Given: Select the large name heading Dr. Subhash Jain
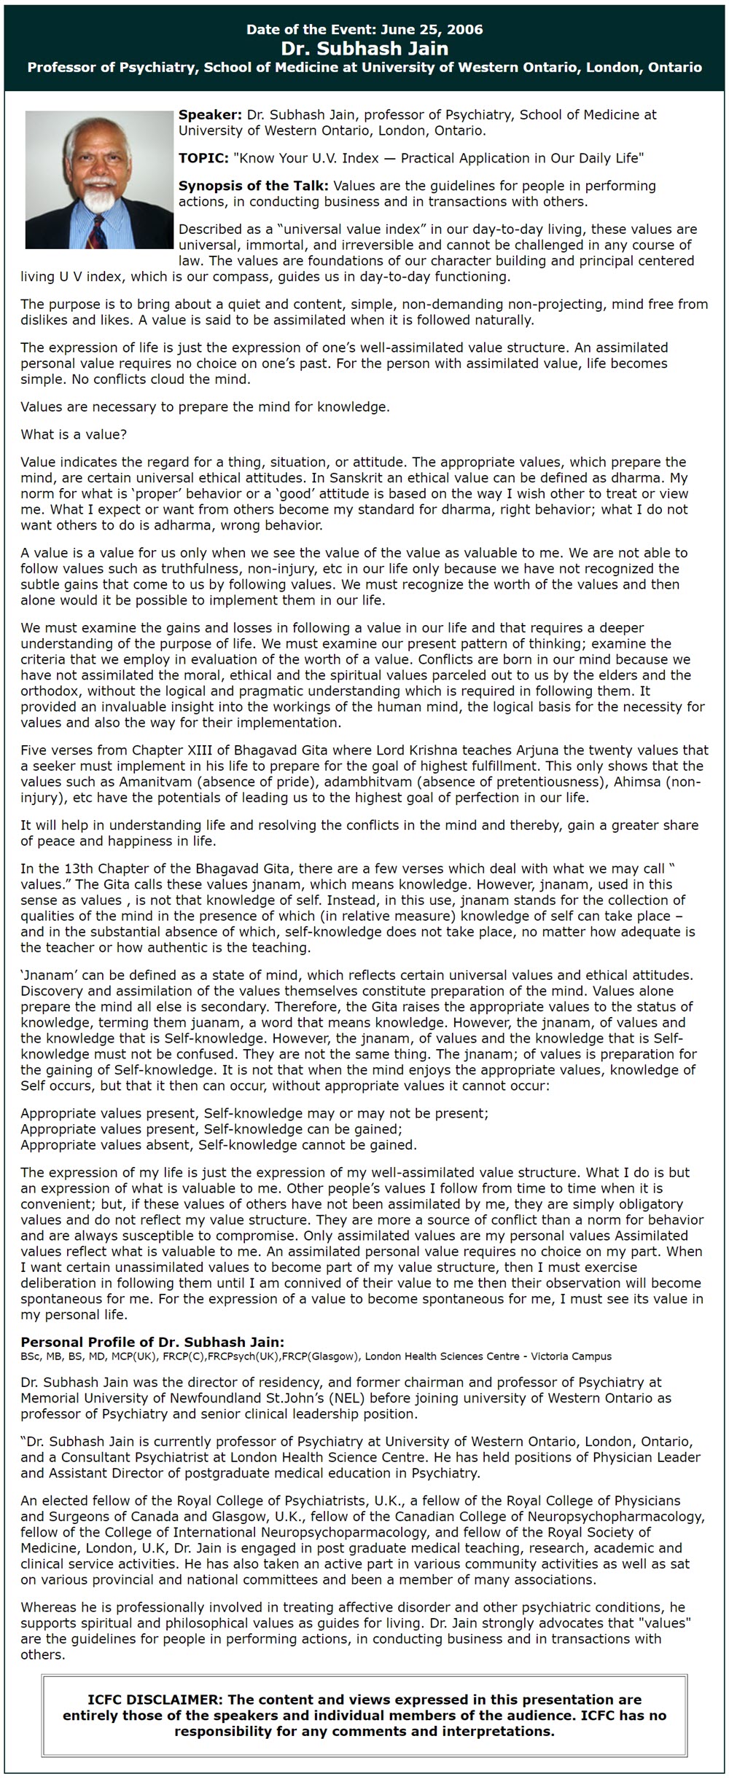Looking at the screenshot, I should pyautogui.click(x=364, y=48).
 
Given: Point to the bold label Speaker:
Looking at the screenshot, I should pyautogui.click(x=210, y=115).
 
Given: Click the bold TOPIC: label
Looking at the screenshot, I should pyautogui.click(x=203, y=158).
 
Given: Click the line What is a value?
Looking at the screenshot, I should pyautogui.click(x=74, y=435).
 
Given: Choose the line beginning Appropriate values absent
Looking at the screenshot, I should pyautogui.click(x=219, y=1145).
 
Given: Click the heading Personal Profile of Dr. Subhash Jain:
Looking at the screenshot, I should pyautogui.click(x=152, y=1343).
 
